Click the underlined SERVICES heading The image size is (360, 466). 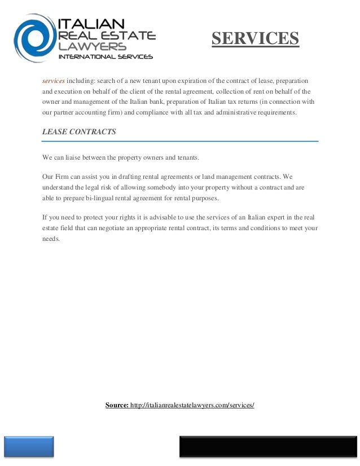coord(255,38)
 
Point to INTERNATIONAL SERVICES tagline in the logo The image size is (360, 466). coord(106,57)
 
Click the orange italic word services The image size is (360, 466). coord(54,80)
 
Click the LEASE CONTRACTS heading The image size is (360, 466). coord(79,132)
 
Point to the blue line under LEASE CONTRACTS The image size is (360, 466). coord(180,141)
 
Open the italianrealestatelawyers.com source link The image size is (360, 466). coord(192,405)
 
